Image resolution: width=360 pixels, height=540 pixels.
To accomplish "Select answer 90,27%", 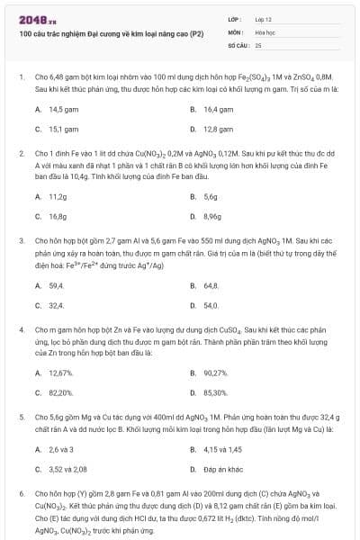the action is point(213,373).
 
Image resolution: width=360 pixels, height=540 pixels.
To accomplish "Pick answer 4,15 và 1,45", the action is point(217,449).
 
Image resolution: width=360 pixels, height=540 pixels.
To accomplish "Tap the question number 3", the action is point(21,241).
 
